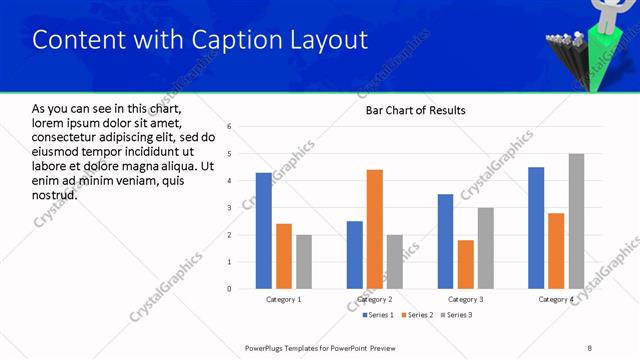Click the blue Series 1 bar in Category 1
(x=263, y=231)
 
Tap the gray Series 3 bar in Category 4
(x=576, y=221)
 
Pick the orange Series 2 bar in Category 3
(x=465, y=264)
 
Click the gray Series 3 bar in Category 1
(x=303, y=262)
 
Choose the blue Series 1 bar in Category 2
(x=355, y=255)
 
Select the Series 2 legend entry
(x=416, y=315)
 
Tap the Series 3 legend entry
(x=457, y=315)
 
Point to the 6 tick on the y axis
(x=230, y=127)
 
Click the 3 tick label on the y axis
(x=230, y=208)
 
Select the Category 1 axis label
(x=283, y=299)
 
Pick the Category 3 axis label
(x=465, y=299)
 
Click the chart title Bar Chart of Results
(x=415, y=110)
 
